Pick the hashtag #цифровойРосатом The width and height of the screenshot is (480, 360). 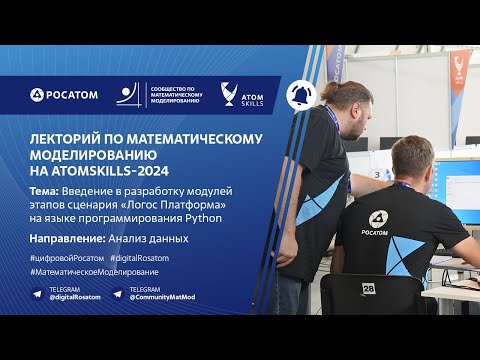(66, 258)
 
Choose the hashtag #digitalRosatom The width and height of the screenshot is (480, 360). (140, 258)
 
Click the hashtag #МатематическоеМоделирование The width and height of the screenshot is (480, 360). (94, 272)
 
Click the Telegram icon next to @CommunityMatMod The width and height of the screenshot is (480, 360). (118, 293)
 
